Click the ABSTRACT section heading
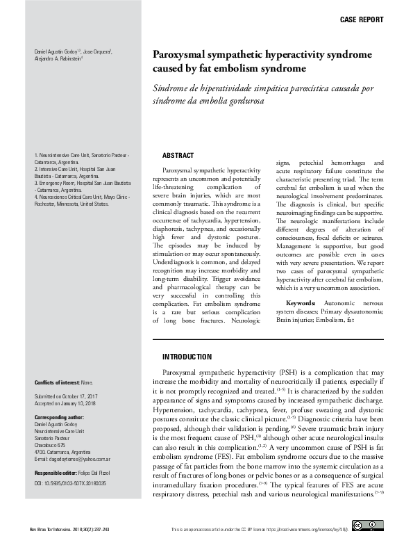click(x=178, y=155)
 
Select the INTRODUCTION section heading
click(x=187, y=357)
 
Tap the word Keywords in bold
click(x=301, y=304)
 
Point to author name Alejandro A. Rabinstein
click(x=58, y=59)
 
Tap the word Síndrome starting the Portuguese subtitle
click(x=170, y=89)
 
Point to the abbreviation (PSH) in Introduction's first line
click(x=287, y=373)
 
